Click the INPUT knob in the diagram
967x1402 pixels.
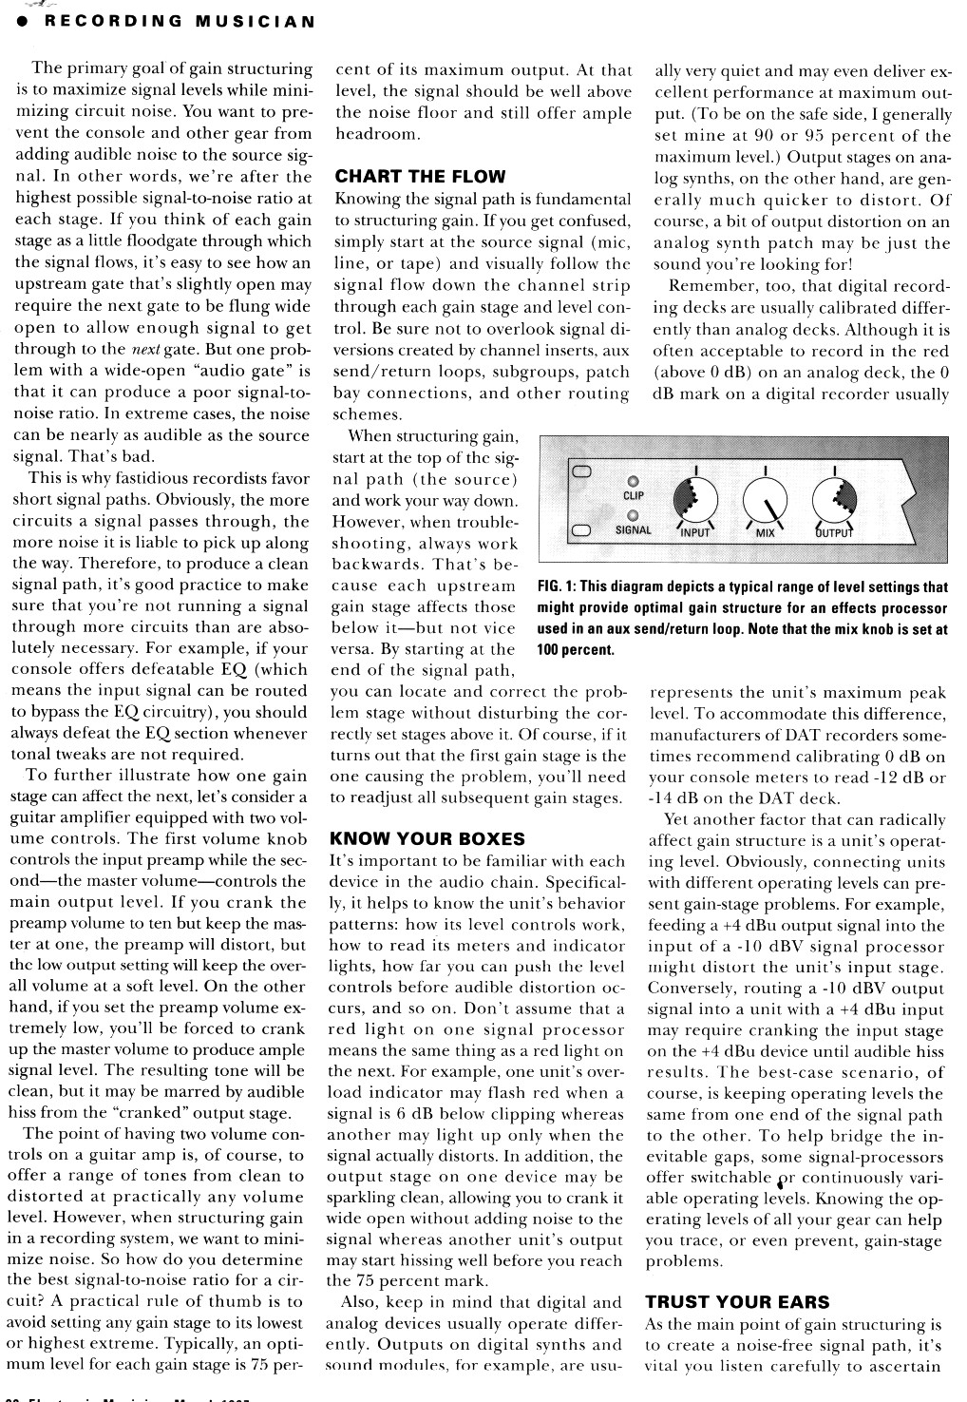coord(695,500)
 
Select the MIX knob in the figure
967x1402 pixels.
coord(765,500)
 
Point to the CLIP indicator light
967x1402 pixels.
coord(633,479)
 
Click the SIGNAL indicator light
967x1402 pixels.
coord(633,514)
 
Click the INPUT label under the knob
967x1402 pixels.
coord(695,533)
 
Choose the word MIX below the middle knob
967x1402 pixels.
coord(766,533)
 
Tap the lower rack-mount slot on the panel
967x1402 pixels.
coord(581,530)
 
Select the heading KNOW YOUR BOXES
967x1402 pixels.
coord(426,838)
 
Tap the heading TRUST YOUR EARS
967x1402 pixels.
coord(737,1302)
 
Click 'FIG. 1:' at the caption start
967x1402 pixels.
coord(559,587)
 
